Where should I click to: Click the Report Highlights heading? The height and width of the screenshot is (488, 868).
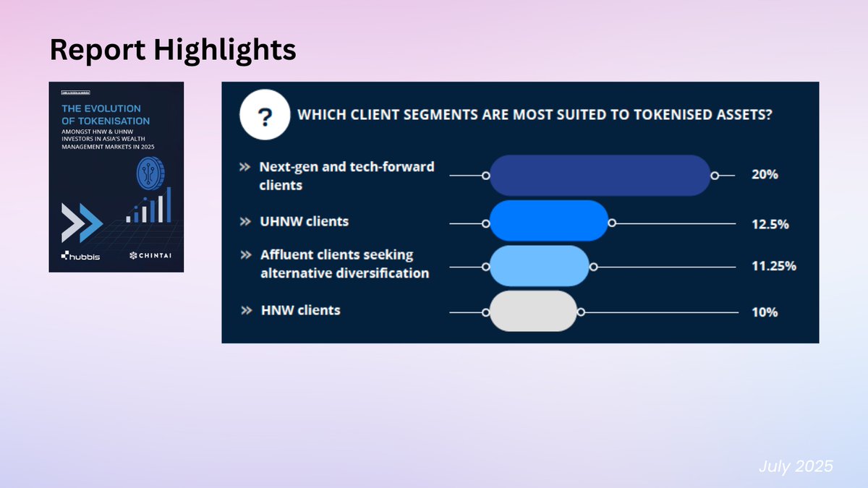[x=173, y=49]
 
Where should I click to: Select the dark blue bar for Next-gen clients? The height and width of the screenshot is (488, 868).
[x=600, y=175]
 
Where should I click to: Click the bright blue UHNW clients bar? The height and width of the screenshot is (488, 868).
[x=548, y=221]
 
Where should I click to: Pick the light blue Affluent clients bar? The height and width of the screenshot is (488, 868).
[x=540, y=265]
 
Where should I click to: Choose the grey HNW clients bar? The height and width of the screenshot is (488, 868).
[x=533, y=311]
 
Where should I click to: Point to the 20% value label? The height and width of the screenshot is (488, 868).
[x=765, y=175]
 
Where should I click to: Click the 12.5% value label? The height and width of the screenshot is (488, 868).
[x=770, y=224]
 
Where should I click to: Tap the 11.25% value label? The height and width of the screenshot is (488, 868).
[x=773, y=266]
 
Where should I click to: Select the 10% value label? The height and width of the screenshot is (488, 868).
[x=765, y=312]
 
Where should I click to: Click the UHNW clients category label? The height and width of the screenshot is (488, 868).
[x=305, y=221]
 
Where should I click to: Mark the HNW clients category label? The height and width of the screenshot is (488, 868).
[x=300, y=310]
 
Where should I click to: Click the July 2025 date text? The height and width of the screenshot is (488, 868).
[x=796, y=467]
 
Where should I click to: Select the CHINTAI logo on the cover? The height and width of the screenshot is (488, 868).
[x=150, y=255]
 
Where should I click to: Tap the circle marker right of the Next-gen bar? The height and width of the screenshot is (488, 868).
[x=714, y=176]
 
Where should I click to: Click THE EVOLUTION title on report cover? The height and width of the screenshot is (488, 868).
[x=101, y=109]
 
